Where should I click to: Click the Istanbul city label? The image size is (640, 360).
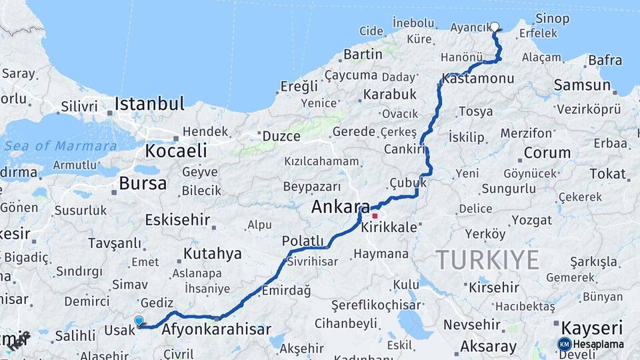pos(149,104)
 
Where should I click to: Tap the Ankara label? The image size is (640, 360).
pos(340,207)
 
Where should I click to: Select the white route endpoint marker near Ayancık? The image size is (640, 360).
pos(495,27)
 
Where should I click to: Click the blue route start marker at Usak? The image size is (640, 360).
pos(139,321)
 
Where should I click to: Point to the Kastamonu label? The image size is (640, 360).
pos(477,79)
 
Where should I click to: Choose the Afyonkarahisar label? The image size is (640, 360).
pos(217,329)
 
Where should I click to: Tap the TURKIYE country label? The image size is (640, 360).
pos(487,259)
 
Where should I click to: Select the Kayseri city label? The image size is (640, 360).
pos(591,328)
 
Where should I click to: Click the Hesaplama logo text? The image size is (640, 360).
pos(598,345)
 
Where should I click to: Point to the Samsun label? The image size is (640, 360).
pos(581,85)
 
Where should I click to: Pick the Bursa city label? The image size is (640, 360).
pos(142,183)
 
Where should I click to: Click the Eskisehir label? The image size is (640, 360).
pos(177,219)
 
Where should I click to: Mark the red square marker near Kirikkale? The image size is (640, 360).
pos(375,216)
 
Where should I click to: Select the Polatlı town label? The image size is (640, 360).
pos(303,241)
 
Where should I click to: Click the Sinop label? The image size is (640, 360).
pos(553,19)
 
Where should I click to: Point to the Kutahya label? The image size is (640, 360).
pos(212,253)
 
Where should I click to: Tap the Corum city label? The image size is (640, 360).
pos(547,153)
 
